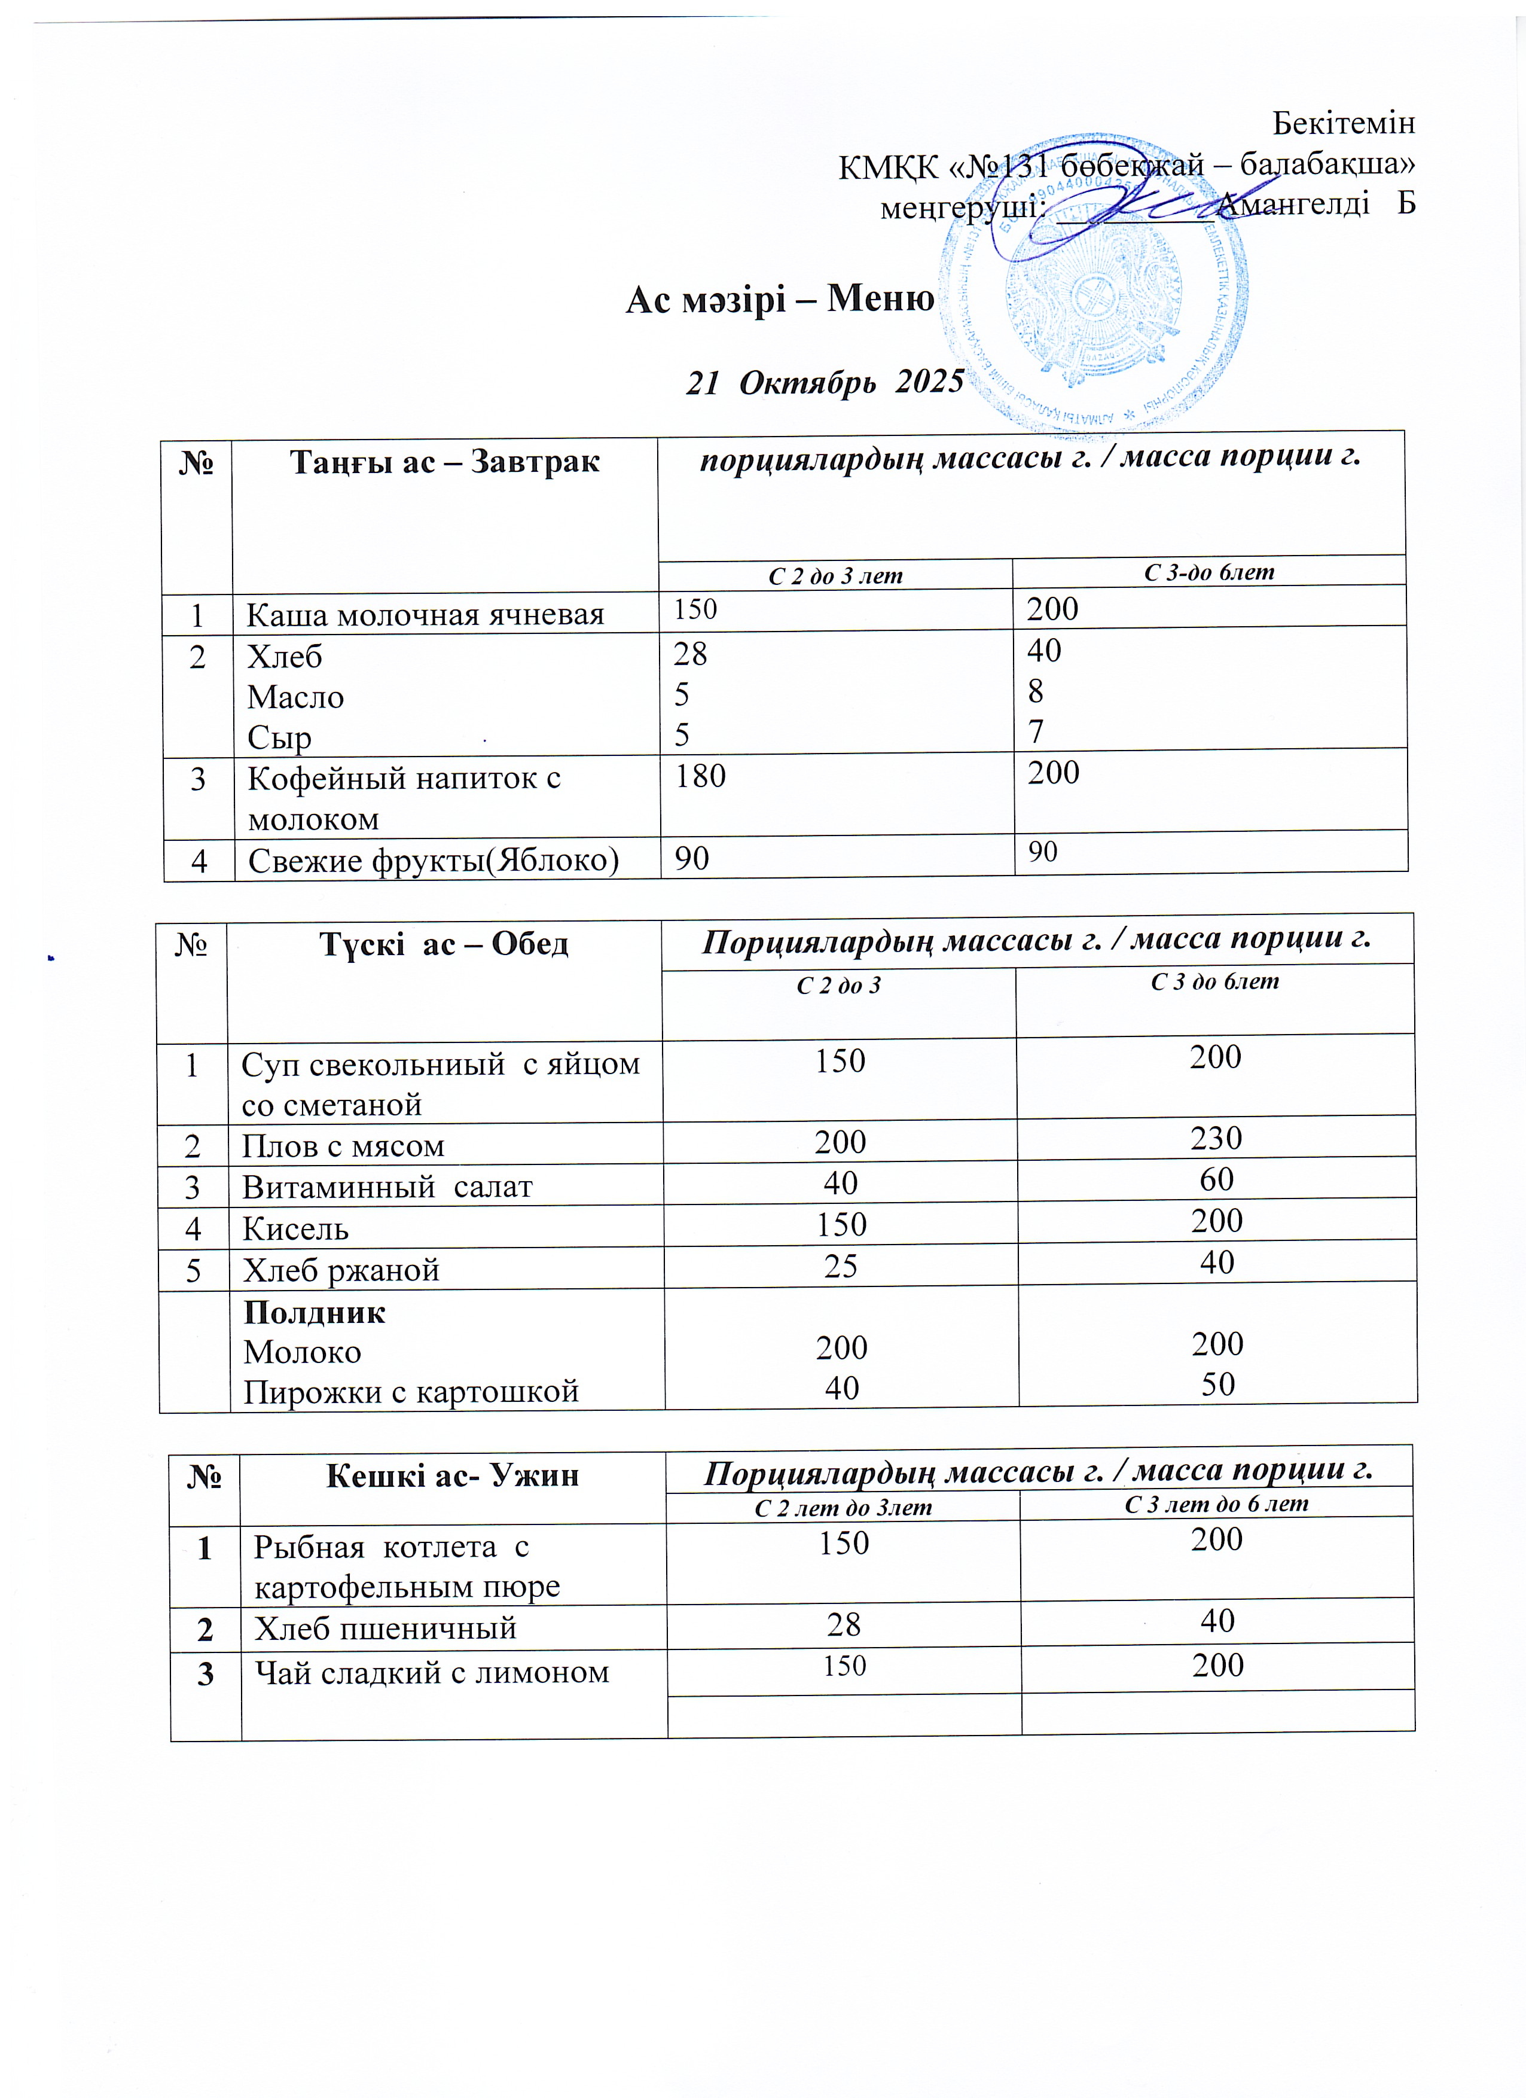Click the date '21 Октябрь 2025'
point(824,381)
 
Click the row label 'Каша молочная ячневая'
point(425,614)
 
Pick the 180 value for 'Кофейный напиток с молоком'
point(700,776)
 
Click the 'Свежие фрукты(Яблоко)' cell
point(433,860)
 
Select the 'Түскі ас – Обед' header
point(443,944)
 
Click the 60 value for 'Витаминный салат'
point(1216,1179)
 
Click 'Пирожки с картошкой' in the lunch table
point(411,1391)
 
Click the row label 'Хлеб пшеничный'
point(384,1627)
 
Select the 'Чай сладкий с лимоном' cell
point(431,1673)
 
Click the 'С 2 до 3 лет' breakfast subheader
point(835,575)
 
